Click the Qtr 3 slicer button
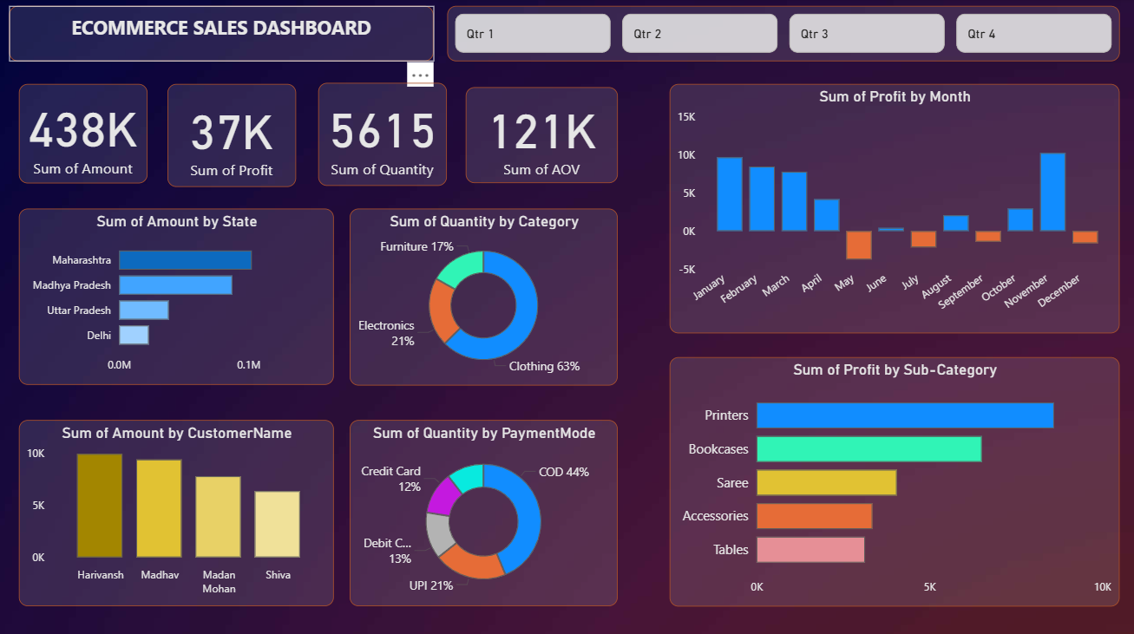click(x=867, y=34)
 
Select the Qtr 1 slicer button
click(x=533, y=34)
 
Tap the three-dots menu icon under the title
click(x=420, y=75)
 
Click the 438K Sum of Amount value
click(x=83, y=130)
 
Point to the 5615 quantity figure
click(x=383, y=131)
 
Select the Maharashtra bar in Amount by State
click(x=186, y=260)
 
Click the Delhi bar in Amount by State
click(x=134, y=335)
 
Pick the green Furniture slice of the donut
click(x=459, y=268)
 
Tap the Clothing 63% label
click(x=544, y=366)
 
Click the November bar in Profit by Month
click(x=1052, y=193)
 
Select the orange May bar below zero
click(x=859, y=245)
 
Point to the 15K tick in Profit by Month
click(x=686, y=117)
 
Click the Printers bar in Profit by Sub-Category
click(x=905, y=415)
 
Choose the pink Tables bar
click(x=810, y=550)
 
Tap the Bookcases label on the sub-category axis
click(x=718, y=449)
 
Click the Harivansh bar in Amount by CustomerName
click(x=100, y=506)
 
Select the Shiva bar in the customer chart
click(x=278, y=524)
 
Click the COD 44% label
click(x=564, y=472)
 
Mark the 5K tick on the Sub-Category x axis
click(x=930, y=587)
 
